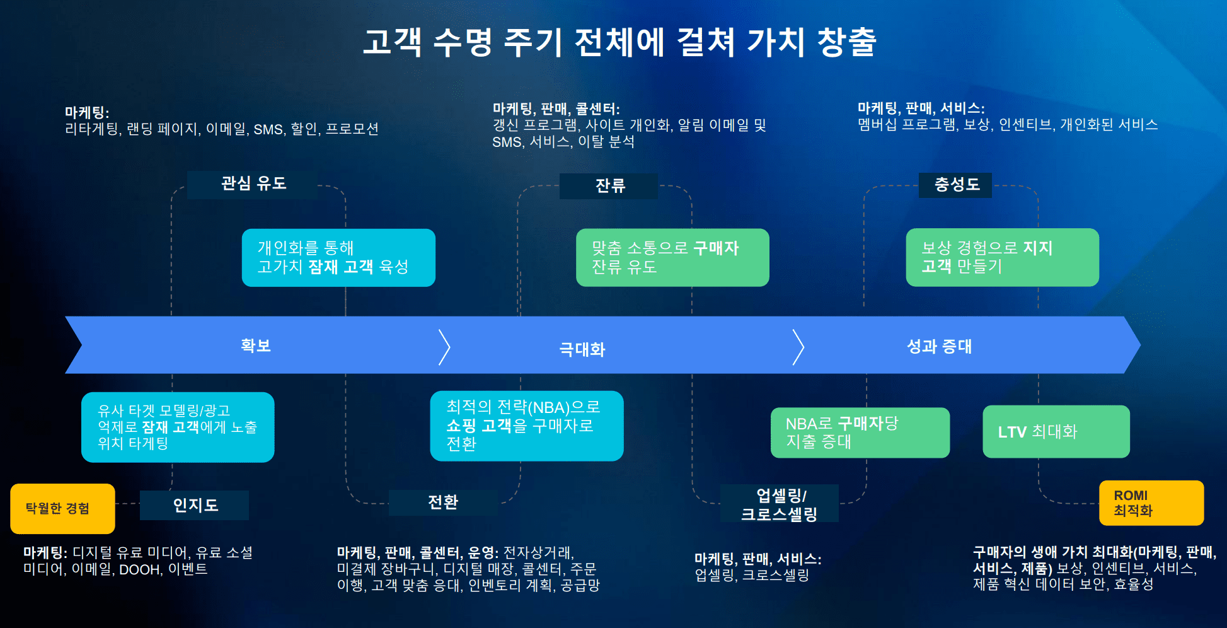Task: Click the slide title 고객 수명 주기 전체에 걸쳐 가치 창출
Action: click(x=619, y=42)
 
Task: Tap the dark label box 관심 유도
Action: click(x=253, y=184)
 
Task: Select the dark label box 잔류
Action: click(x=609, y=186)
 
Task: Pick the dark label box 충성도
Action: click(x=955, y=185)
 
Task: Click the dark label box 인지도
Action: click(x=195, y=505)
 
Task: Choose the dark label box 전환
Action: click(x=443, y=503)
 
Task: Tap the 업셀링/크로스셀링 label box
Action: click(x=780, y=504)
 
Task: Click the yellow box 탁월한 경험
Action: click(x=62, y=508)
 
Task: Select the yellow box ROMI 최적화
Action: click(x=1151, y=503)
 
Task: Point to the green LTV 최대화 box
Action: click(x=1056, y=432)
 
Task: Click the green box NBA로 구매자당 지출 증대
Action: click(x=860, y=433)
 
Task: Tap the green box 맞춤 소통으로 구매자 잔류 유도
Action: click(x=672, y=257)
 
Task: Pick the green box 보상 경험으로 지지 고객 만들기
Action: click(x=1002, y=257)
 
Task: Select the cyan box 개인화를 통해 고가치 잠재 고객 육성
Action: click(x=338, y=257)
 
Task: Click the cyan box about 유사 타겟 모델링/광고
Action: click(x=178, y=427)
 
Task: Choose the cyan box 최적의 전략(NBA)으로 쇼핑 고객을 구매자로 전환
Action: click(x=526, y=426)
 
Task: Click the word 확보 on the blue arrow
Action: click(x=255, y=346)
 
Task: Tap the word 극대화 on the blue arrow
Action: click(x=582, y=349)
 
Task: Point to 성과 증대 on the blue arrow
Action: click(x=938, y=346)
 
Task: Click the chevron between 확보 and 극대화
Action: click(x=444, y=347)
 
